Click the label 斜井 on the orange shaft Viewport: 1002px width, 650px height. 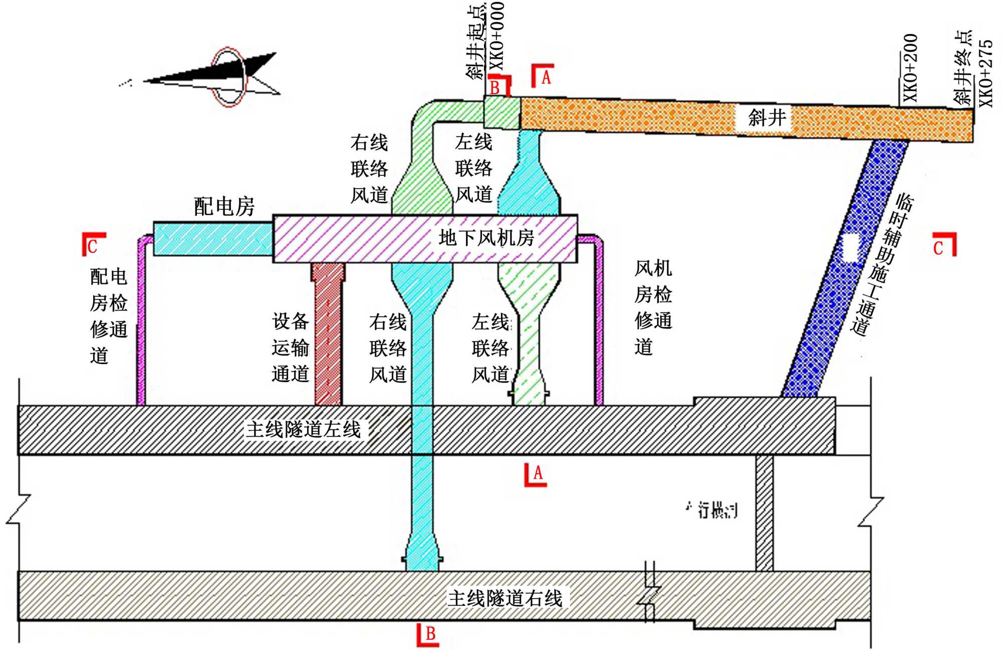[767, 118]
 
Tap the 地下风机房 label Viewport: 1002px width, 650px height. [486, 238]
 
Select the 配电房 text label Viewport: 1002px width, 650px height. [224, 206]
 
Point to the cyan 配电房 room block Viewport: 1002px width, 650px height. [213, 239]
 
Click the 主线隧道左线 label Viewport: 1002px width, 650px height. [304, 430]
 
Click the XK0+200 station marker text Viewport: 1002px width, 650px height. [911, 68]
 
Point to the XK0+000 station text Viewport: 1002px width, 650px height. [496, 36]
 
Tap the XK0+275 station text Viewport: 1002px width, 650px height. [985, 73]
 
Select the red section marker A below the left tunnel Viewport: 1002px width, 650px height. [536, 474]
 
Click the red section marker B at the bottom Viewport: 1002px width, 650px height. [428, 635]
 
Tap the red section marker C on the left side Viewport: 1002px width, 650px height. [93, 244]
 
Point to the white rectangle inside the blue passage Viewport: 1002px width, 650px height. [850, 247]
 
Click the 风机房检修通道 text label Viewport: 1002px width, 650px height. [652, 307]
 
